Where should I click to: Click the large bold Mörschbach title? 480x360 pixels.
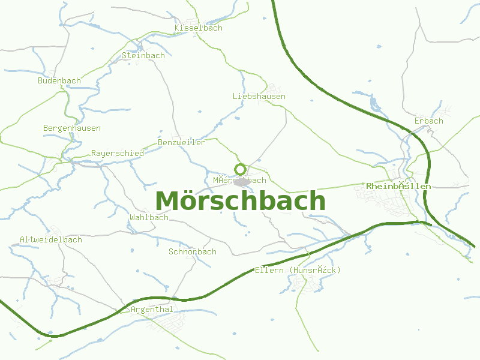point(240,201)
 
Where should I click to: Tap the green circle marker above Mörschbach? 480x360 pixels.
point(241,169)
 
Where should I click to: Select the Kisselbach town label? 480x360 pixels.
point(198,28)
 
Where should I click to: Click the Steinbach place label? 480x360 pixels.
point(143,55)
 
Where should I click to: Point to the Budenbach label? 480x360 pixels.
point(59,80)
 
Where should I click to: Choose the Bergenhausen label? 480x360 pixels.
point(72,128)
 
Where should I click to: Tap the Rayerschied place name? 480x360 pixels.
point(117,153)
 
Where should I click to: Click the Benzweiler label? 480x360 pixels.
point(181,142)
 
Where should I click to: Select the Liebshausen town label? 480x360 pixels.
point(259,96)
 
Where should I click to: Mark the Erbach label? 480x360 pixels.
point(428,121)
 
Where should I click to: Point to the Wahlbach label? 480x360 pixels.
point(149,217)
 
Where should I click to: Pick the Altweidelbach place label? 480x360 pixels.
point(50,239)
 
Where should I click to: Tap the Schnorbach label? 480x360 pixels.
point(192,251)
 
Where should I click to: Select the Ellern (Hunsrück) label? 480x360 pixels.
point(298,271)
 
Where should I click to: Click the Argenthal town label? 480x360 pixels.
point(152,309)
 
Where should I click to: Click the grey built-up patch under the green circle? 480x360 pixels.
point(242,181)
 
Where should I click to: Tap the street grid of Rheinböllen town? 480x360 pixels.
point(396,204)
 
